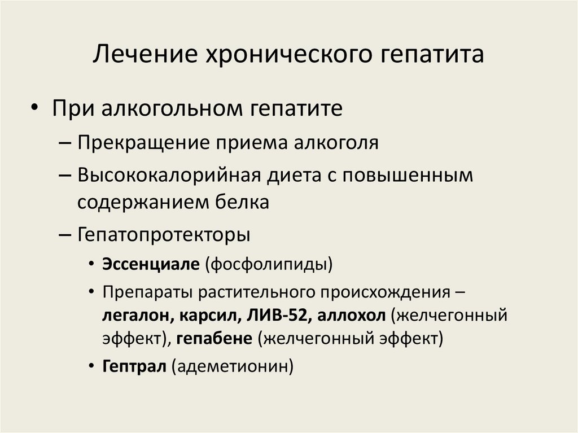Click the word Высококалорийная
[169, 176]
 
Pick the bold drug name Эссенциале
[151, 264]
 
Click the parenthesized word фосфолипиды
[269, 264]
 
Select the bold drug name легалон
[130, 315]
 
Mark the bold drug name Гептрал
[134, 366]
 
